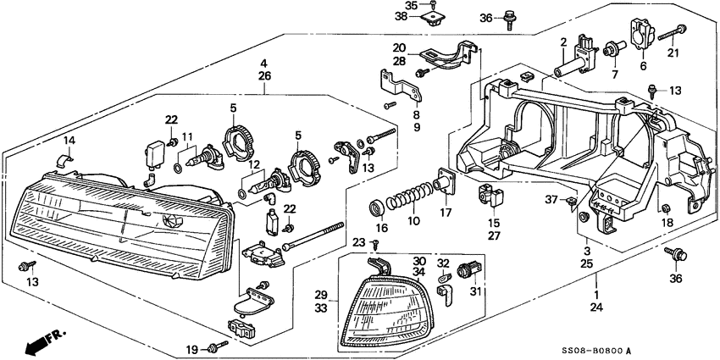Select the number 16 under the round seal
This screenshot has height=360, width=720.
coord(382,228)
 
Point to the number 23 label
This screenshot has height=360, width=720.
coord(359,242)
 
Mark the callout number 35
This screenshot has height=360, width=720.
coord(413,5)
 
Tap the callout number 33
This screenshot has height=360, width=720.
coord(321,310)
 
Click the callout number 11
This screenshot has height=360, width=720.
coord(187,136)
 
